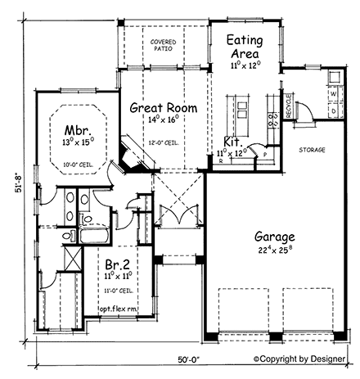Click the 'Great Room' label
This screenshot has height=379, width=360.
click(160, 106)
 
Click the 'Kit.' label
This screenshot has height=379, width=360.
click(232, 142)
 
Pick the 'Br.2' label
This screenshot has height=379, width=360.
click(116, 265)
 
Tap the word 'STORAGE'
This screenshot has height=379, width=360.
click(311, 151)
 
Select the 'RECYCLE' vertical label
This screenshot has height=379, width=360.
click(289, 106)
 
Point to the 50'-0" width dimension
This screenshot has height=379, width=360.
click(187, 359)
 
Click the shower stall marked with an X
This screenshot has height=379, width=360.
click(71, 258)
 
